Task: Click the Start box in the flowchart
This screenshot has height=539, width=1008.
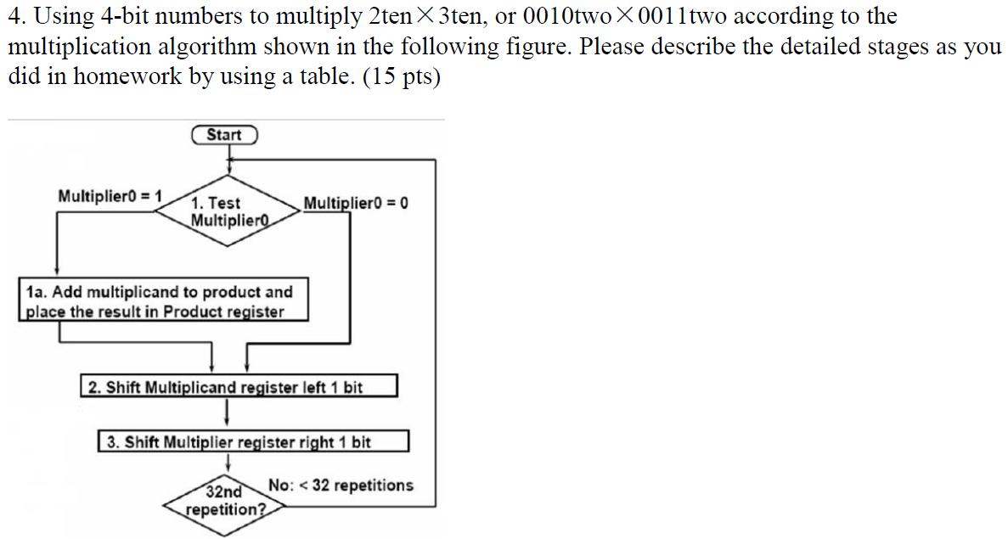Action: tap(224, 135)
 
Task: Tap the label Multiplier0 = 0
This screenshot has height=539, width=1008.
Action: tap(356, 204)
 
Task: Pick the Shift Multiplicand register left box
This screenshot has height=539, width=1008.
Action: tap(239, 387)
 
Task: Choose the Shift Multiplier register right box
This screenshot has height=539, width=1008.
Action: tap(254, 442)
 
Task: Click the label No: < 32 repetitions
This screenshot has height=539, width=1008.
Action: tap(341, 486)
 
